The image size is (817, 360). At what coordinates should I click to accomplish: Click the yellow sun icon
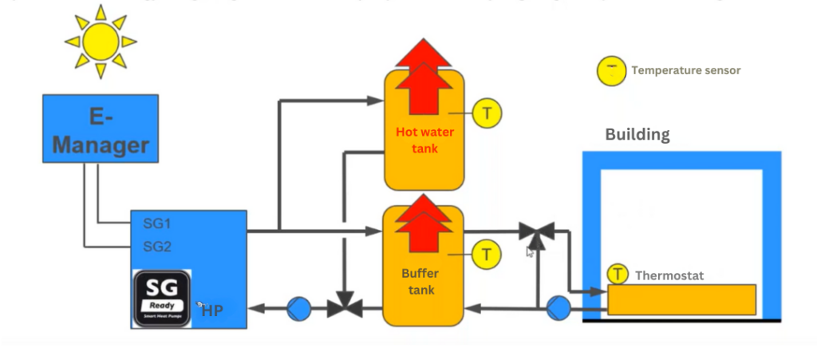pos(101,41)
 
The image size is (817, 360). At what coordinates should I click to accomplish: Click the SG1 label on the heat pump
pos(157,224)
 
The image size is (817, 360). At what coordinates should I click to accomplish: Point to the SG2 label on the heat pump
pos(157,246)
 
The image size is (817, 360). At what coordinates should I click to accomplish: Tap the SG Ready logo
pos(161,299)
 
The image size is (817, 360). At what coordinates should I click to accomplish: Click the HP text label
pos(212,311)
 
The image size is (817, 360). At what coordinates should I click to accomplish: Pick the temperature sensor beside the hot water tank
pos(487,113)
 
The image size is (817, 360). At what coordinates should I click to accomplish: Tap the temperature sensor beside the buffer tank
pos(486,255)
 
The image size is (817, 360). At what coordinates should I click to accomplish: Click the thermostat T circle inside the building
pos(618,275)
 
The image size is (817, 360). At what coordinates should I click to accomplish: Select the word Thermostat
pos(669,275)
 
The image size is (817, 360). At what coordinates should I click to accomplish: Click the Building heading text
pos(637,134)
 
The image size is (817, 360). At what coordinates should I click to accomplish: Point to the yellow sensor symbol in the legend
pos(611,71)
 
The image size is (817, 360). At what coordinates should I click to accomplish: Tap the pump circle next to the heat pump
pos(299,307)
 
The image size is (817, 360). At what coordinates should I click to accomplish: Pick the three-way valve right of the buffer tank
pos(536,232)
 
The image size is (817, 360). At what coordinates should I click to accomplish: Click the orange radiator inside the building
pos(681,299)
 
